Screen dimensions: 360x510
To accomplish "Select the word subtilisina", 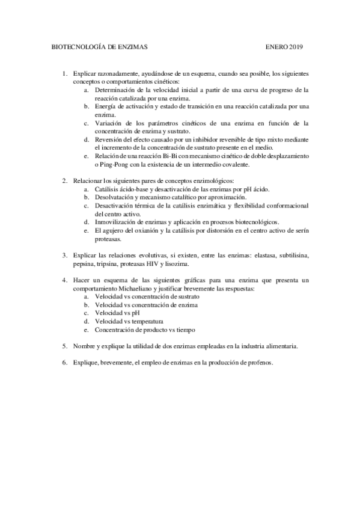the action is coord(292,255).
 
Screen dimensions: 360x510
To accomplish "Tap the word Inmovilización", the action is coord(117,222).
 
